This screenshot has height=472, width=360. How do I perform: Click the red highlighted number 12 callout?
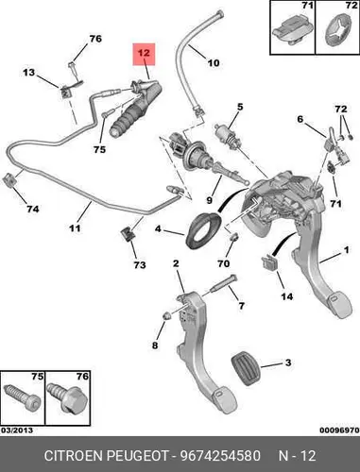[x=144, y=54]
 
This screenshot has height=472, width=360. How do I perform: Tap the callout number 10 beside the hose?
[x=214, y=63]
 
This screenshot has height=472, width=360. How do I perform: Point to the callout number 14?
[x=287, y=296]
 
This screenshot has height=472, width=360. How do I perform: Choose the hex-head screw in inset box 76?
[x=67, y=398]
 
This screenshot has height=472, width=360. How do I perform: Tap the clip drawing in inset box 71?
[x=291, y=30]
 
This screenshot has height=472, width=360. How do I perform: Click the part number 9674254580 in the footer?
[x=220, y=456]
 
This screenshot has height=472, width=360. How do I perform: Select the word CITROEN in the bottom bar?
[x=74, y=456]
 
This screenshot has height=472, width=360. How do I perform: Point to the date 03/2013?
[x=17, y=430]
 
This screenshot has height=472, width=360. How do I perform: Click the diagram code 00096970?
[x=339, y=430]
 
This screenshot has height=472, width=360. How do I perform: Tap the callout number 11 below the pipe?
[x=75, y=228]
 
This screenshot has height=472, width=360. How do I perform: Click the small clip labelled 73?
[x=128, y=234]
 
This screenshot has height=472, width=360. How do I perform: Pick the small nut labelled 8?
[x=167, y=315]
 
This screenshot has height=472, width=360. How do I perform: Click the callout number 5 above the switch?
[x=240, y=107]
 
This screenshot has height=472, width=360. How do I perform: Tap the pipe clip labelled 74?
[x=9, y=181]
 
